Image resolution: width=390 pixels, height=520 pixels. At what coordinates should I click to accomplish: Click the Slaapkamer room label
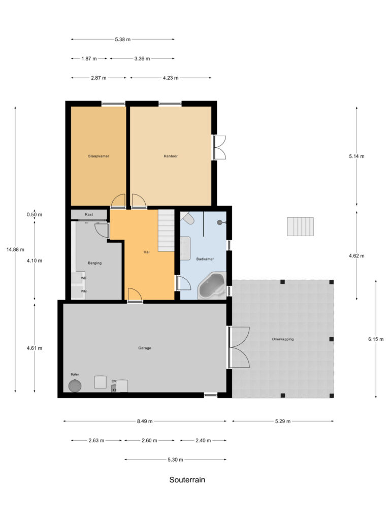[x=98, y=156]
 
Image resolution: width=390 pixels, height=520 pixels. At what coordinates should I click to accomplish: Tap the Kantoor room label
[x=170, y=156]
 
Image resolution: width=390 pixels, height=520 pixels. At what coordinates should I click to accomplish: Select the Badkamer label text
[x=205, y=259]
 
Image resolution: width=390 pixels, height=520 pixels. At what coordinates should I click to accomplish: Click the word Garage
[x=145, y=348]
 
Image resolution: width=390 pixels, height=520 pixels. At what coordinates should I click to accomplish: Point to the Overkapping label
[x=282, y=339]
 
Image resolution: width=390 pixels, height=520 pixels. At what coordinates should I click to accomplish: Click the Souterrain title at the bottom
[x=187, y=479]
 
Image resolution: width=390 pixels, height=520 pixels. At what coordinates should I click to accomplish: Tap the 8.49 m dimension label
[x=144, y=421]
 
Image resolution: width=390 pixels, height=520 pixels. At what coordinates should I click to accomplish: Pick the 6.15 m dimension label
[x=376, y=339]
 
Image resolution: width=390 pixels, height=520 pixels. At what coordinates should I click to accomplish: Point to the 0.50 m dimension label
[x=34, y=214]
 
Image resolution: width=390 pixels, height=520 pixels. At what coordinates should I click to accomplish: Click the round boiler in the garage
[x=75, y=385]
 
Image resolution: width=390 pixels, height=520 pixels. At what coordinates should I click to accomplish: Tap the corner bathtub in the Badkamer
[x=212, y=287]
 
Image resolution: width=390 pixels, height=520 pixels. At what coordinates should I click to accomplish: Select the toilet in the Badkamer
[x=187, y=218]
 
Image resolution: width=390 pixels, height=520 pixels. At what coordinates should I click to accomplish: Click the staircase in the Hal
[x=166, y=231]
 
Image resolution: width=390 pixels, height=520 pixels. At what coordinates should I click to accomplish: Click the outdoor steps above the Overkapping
[x=301, y=226]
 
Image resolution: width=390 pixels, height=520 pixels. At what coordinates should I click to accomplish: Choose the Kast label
[x=89, y=214]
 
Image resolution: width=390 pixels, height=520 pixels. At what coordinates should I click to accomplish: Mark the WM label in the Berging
[x=83, y=291]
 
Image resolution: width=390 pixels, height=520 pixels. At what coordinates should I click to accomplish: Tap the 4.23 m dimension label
[x=170, y=78]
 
